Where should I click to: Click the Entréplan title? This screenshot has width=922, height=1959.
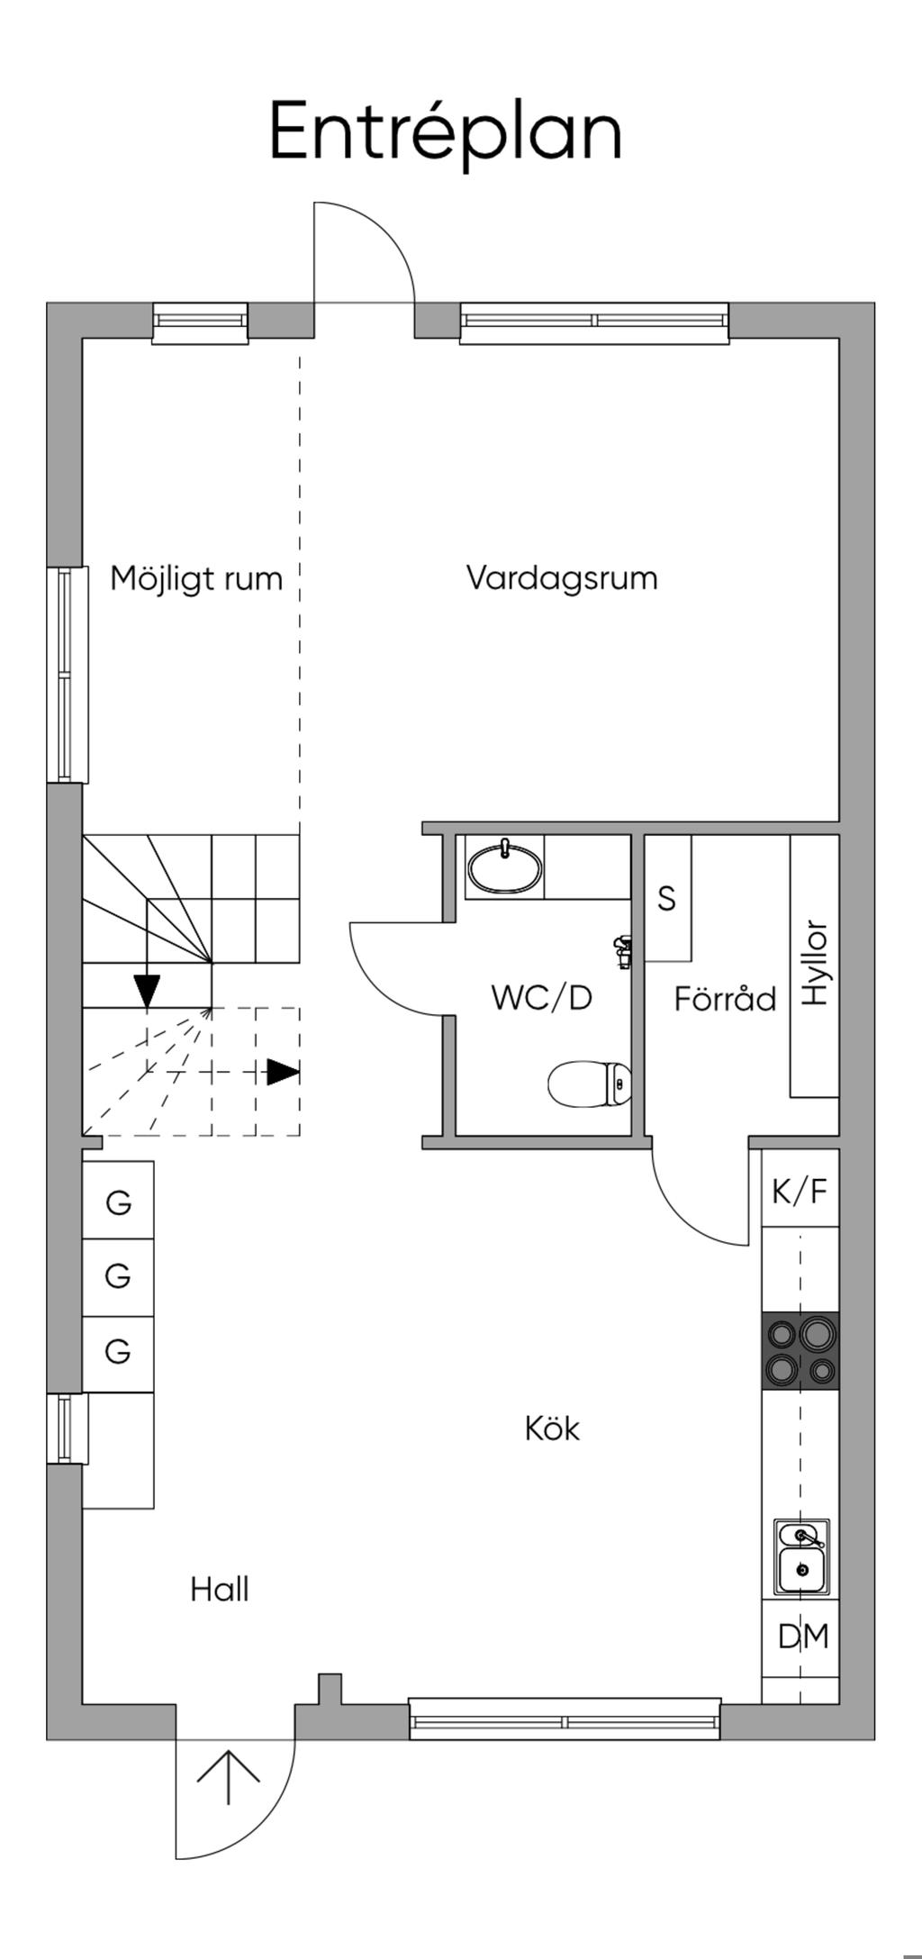(x=446, y=132)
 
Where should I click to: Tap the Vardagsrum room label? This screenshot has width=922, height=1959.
(x=562, y=577)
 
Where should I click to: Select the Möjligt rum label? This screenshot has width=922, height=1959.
(x=196, y=578)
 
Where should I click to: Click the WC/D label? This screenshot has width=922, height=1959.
(x=542, y=998)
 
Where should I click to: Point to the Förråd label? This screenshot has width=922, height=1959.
(x=725, y=999)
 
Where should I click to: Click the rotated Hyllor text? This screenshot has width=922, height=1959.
(x=814, y=963)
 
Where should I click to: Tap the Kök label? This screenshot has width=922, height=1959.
(x=552, y=1428)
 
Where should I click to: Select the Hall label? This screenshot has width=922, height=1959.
(x=220, y=1590)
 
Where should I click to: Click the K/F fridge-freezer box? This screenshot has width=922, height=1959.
(x=800, y=1191)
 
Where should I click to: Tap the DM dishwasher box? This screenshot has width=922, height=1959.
(x=803, y=1636)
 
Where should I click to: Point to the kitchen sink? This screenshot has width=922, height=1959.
(x=800, y=1556)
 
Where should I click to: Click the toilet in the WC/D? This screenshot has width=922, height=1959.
(x=590, y=1084)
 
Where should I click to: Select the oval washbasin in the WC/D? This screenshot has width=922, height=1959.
(x=505, y=868)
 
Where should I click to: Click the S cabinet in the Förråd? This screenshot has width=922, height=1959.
(x=667, y=898)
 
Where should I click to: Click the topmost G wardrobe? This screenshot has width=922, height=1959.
(x=118, y=1202)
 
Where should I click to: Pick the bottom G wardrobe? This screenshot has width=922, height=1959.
(x=118, y=1351)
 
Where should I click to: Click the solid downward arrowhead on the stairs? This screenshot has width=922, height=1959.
(x=146, y=990)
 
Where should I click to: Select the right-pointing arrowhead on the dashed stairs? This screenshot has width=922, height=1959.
(x=283, y=1072)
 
